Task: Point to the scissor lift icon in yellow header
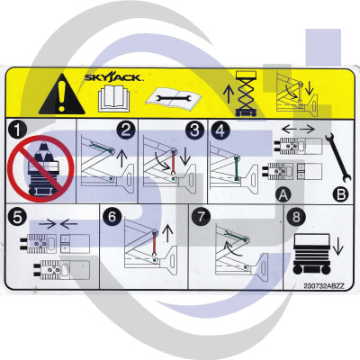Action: (244, 94)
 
